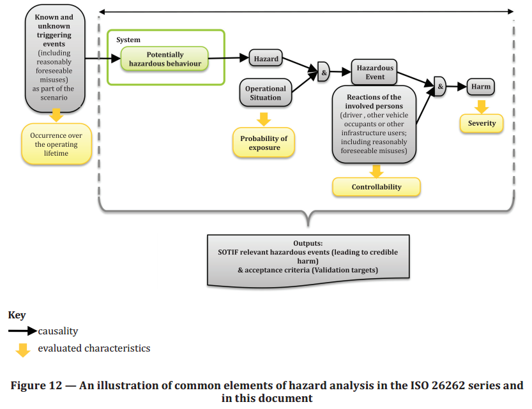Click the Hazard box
(x=266, y=59)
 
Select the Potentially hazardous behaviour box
(x=165, y=59)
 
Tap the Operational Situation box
(x=266, y=93)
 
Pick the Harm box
(x=481, y=86)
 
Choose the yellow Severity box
(x=482, y=123)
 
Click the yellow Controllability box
(x=376, y=187)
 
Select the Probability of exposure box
(x=264, y=143)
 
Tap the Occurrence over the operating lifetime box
(x=56, y=144)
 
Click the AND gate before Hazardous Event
(x=324, y=72)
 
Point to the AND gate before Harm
(x=440, y=86)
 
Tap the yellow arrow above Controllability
(x=376, y=170)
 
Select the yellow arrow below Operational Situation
(x=264, y=119)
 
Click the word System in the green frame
(x=128, y=40)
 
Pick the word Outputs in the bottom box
(x=308, y=244)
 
